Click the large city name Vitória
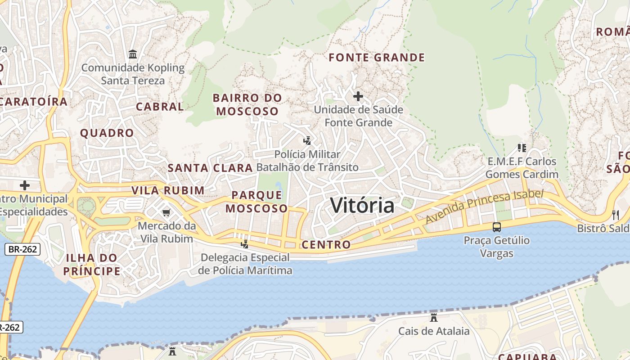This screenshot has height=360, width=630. tap(362, 205)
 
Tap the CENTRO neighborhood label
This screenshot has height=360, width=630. tap(326, 245)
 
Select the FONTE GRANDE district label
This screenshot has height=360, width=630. tap(377, 58)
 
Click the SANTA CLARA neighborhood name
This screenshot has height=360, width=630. tap(210, 168)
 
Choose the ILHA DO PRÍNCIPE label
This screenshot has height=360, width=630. tap(92, 265)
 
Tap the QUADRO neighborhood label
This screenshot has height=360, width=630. tap(107, 133)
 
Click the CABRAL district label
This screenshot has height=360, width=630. tap(160, 107)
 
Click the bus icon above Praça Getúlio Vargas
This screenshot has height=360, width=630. tap(497, 227)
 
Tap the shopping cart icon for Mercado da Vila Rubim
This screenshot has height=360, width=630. tap(166, 212)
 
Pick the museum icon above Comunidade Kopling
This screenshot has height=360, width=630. tap(133, 54)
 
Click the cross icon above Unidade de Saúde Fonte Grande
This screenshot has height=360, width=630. tap(358, 96)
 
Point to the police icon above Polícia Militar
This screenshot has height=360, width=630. tap(307, 141)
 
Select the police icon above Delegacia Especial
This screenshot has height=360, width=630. tap(245, 244)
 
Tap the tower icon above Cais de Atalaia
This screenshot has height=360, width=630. tap(434, 318)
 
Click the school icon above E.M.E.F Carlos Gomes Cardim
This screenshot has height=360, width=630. tap(522, 148)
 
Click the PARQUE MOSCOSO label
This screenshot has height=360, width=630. tap(256, 202)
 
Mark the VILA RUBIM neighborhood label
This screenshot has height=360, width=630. tap(168, 190)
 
